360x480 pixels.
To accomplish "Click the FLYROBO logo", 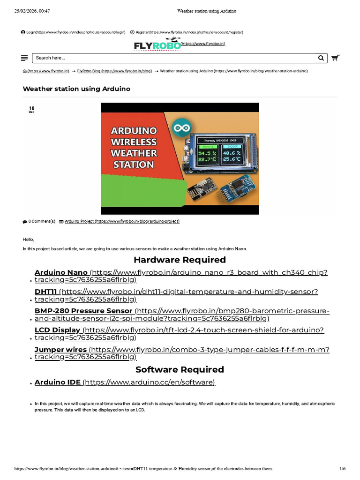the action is pos(157,44).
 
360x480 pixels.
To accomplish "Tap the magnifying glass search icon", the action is pos(321,58).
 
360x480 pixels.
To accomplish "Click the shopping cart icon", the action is pos(336,58).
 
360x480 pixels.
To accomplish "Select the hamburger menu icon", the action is pos(24,58).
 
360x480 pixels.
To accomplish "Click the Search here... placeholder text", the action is pos(51,58).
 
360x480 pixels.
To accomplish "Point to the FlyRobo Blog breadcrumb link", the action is pos(89,71).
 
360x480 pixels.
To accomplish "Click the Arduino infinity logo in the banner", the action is pos(182,127).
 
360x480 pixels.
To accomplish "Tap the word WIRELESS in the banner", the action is pos(134,142).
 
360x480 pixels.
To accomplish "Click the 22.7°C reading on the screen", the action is pos(207,159).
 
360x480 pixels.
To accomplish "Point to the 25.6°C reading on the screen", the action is pos(232,159).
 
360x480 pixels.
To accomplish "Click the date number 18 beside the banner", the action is pos(31,108).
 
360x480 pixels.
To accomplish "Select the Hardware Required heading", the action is pos(180,260).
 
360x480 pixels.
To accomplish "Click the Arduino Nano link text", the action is pos(61,272).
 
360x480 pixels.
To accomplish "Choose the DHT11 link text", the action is pos(45,292).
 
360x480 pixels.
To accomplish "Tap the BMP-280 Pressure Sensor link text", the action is pos(83,311).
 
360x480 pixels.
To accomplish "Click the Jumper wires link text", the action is pos(60,350).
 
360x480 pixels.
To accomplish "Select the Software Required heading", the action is pos(180,369).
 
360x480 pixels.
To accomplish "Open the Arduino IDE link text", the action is pos(58,382).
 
